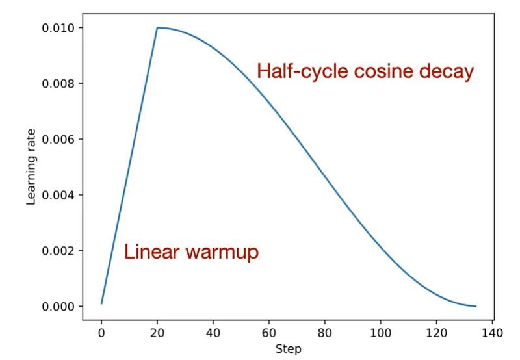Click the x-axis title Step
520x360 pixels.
(288, 349)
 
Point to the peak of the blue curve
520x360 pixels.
(157, 27)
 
